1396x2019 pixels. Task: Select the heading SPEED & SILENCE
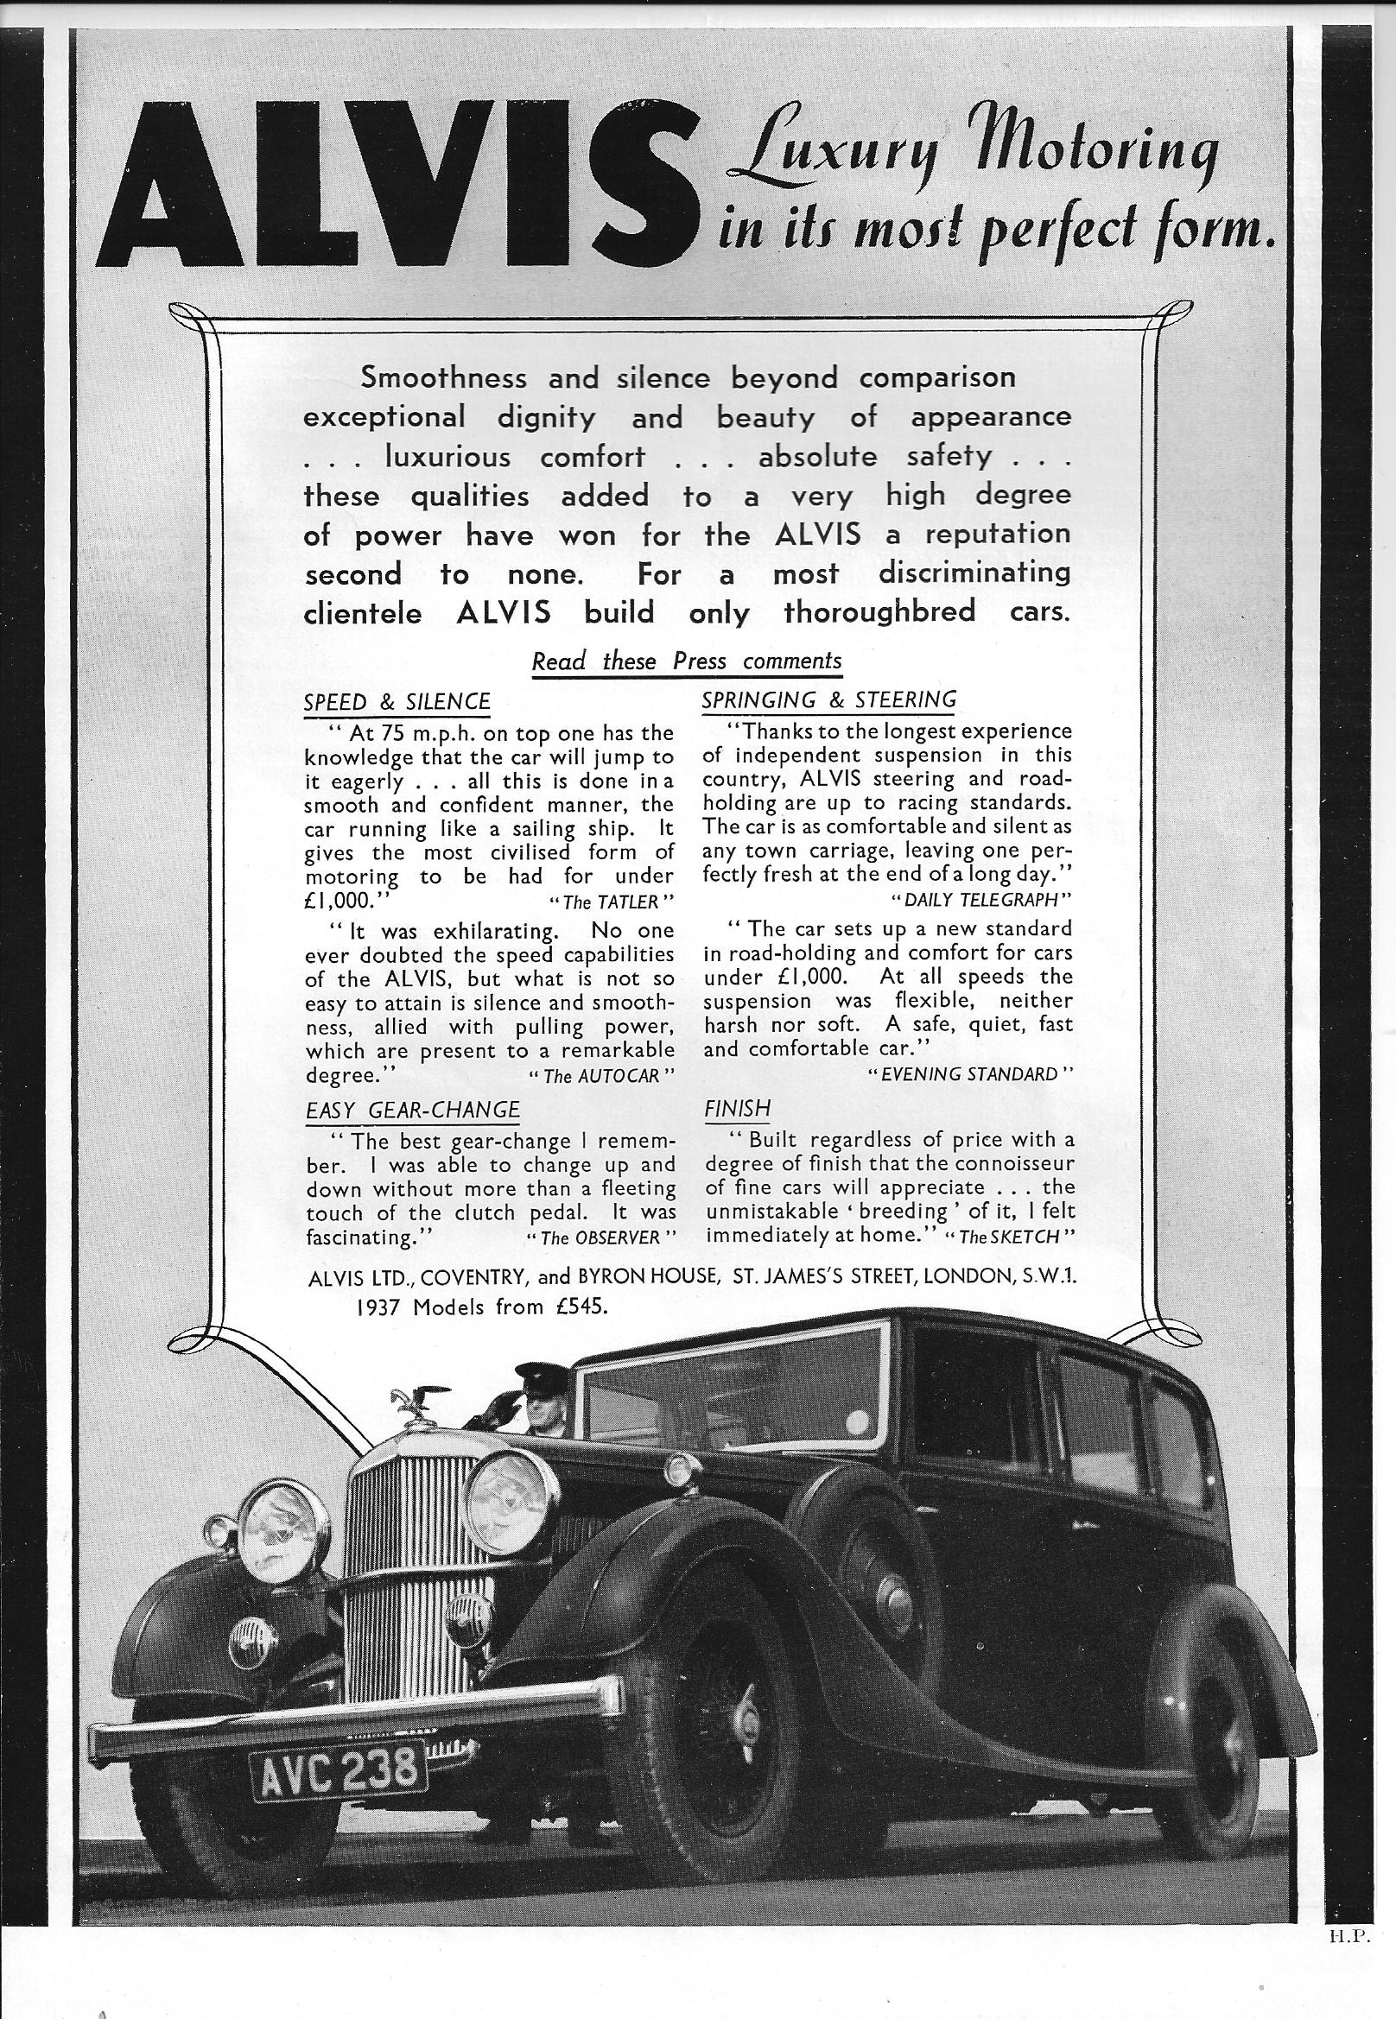[397, 701]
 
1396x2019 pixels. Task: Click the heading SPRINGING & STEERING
[829, 699]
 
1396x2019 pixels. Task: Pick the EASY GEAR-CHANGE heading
[412, 1110]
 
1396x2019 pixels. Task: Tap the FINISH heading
[737, 1109]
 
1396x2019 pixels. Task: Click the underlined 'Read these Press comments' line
[687, 661]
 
